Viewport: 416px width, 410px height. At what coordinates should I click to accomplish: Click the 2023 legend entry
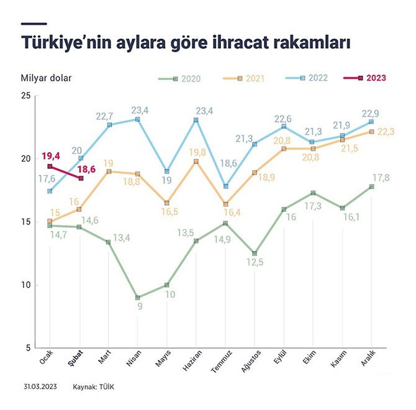pos(366,78)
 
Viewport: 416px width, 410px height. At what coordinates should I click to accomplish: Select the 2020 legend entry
pos(178,78)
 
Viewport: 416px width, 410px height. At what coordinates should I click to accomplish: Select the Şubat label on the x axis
pos(79,358)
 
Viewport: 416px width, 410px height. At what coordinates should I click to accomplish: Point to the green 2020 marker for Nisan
pos(137,298)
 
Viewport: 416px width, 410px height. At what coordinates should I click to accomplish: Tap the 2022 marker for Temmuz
pos(225,186)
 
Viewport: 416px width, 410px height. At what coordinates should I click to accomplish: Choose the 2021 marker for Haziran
pos(196,161)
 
